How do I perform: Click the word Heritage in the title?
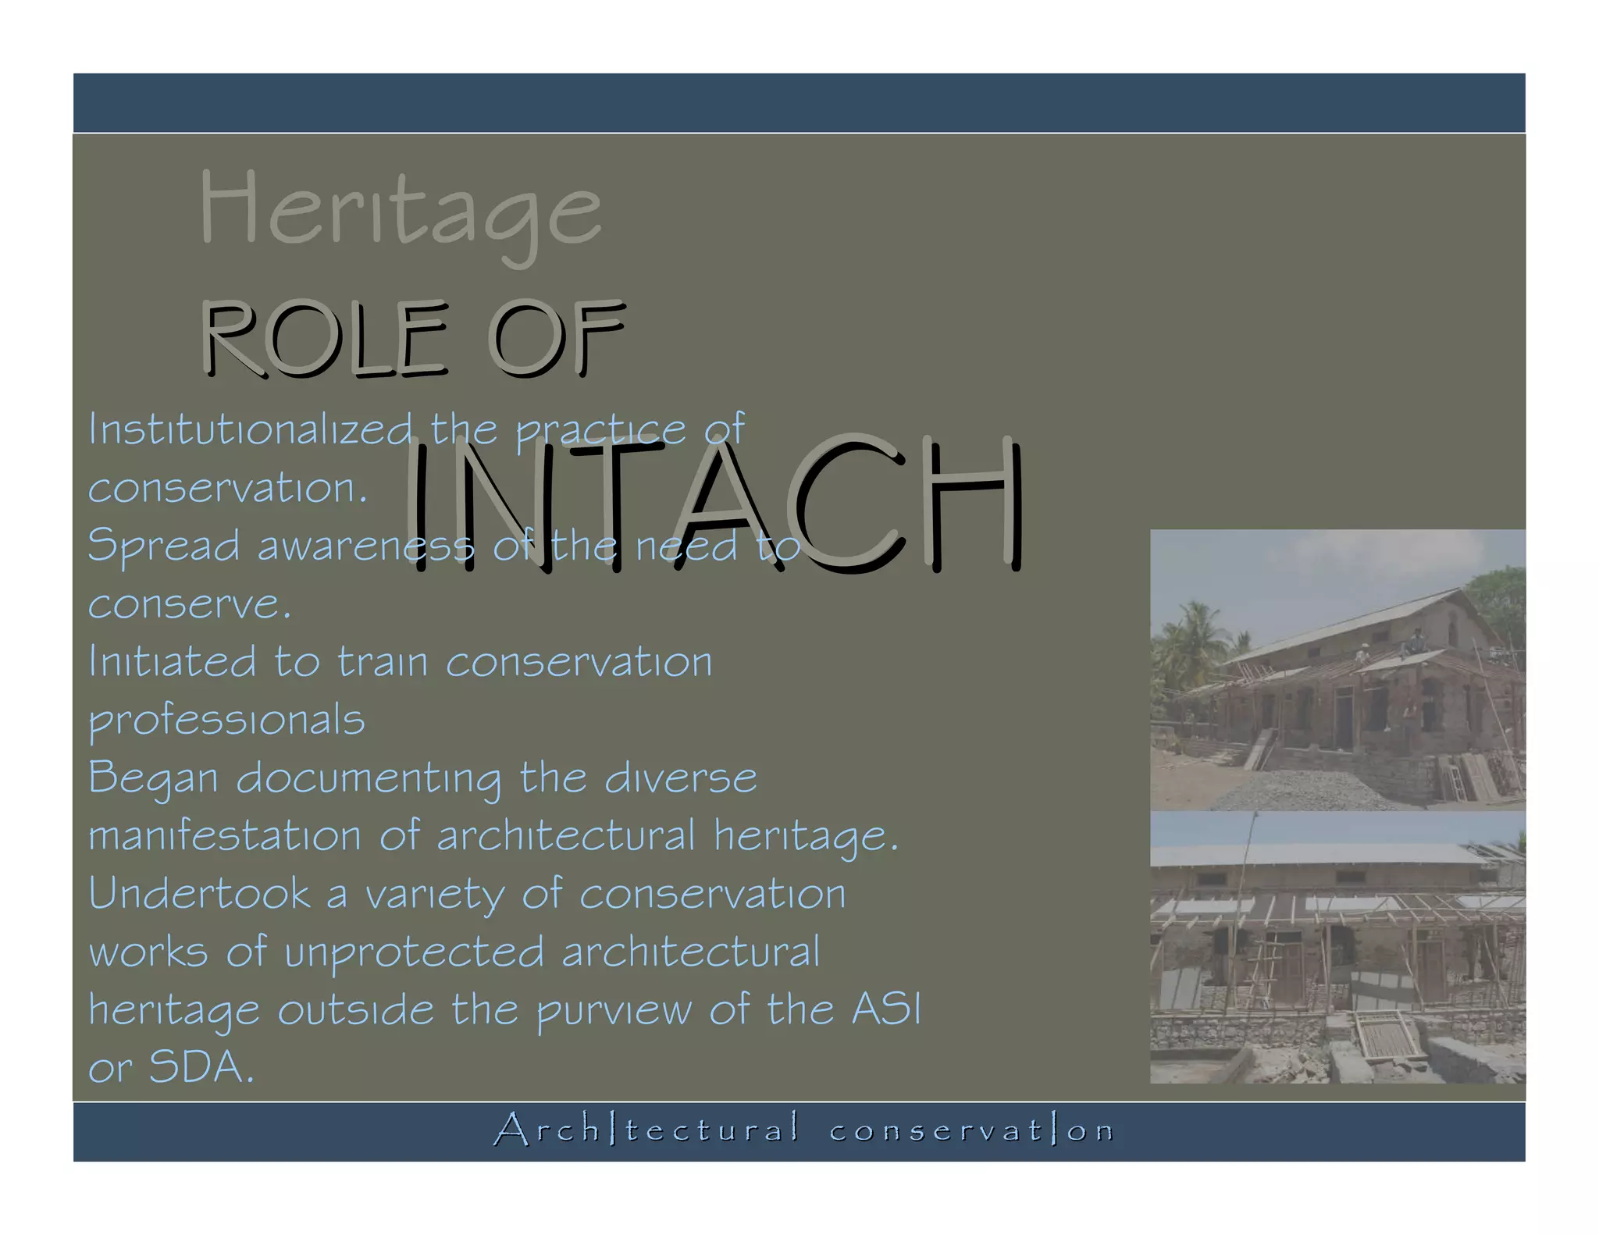pos(400,209)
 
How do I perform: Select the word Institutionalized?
pos(250,429)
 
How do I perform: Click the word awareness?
pos(365,545)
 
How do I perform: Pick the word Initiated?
pos(172,661)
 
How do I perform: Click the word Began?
pos(153,778)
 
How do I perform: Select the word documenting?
pos(369,778)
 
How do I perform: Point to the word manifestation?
pos(225,836)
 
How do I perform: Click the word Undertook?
pos(200,894)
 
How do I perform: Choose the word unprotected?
pos(414,952)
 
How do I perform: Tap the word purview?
pos(614,1010)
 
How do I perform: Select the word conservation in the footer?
pos(971,1130)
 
